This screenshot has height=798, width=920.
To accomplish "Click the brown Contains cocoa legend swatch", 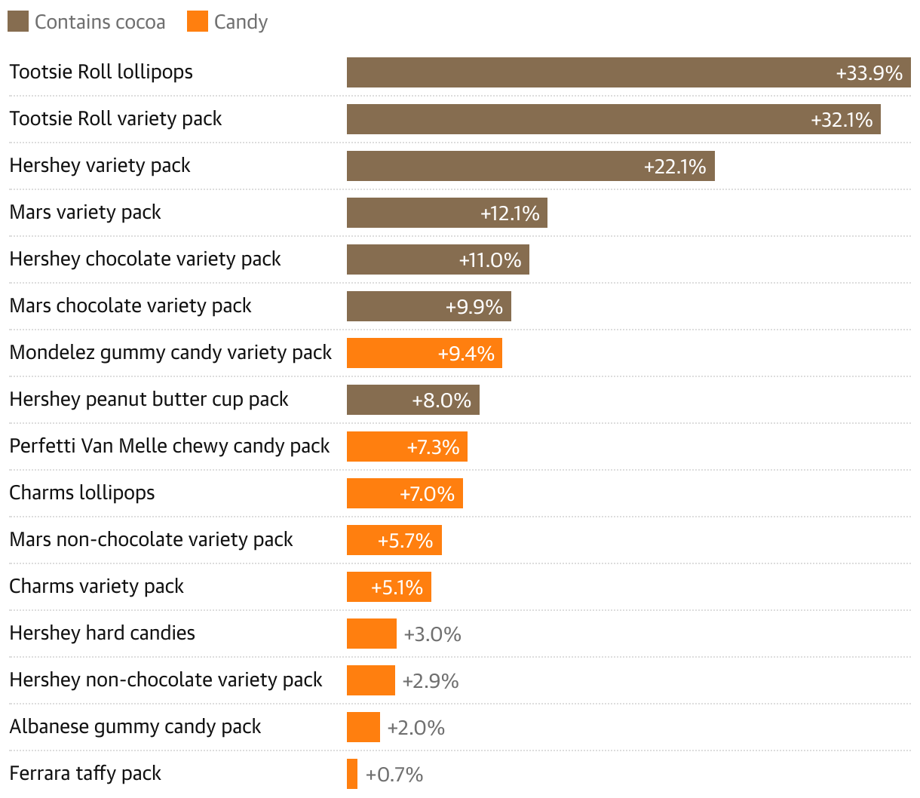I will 18,22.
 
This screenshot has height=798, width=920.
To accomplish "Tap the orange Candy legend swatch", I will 198,22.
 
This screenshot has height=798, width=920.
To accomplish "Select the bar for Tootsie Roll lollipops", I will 588,72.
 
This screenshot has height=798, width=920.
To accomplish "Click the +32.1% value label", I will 842,120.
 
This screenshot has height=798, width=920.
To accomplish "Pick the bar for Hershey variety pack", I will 490,166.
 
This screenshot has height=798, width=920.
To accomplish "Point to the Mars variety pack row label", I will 85,212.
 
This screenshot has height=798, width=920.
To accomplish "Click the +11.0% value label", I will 490,260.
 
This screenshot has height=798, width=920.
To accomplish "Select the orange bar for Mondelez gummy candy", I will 392,353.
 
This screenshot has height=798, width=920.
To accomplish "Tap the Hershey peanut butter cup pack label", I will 149,399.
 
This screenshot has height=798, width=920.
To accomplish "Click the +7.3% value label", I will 433,447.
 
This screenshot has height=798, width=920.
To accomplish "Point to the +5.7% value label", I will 405,541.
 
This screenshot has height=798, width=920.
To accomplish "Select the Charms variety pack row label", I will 97,586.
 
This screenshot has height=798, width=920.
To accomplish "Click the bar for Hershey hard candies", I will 371,634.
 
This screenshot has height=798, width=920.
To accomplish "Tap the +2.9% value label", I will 431,681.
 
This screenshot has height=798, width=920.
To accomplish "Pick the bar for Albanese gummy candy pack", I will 363,727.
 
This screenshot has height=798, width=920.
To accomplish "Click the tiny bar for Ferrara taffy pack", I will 352,774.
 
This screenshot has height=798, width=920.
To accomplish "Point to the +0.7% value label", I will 394,775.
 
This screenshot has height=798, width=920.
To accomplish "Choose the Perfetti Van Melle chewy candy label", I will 169,446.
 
